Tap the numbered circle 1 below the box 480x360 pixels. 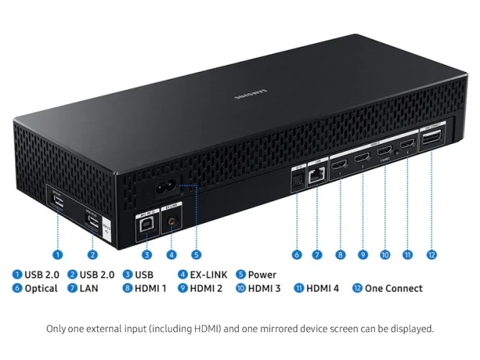pos(58,254)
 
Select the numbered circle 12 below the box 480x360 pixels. pos(432,254)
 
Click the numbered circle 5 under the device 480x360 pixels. pos(196,254)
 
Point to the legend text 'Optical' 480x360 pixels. pos(41,288)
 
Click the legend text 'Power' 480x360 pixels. pos(262,274)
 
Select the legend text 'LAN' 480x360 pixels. pos(90,288)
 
